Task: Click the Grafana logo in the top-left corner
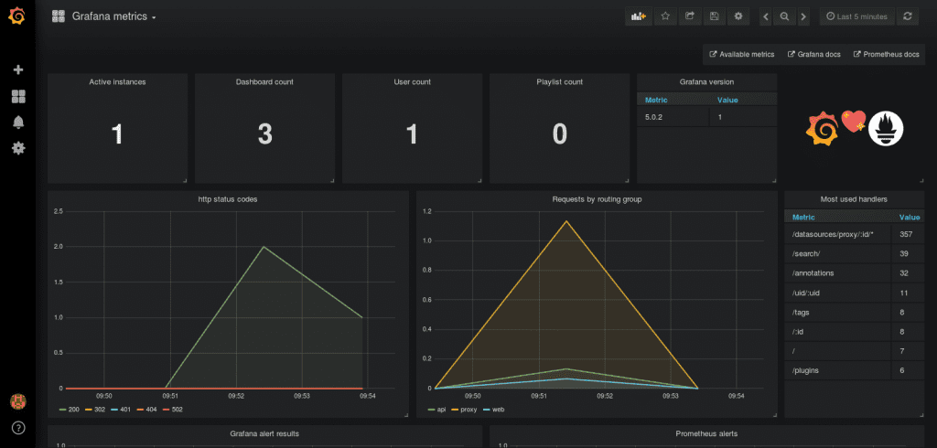[x=17, y=16]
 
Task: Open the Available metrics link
[x=742, y=55]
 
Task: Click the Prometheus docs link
[x=886, y=55]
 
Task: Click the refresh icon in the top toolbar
[x=908, y=16]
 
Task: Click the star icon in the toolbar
[x=665, y=16]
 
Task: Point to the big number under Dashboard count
[x=264, y=134]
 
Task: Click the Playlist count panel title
[x=559, y=82]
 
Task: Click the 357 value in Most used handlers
[x=906, y=235]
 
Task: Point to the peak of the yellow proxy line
[x=566, y=220]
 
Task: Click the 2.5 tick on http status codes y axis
[x=58, y=212]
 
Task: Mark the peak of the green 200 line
[x=264, y=247]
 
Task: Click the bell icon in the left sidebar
[x=17, y=123]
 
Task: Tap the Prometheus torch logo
[x=886, y=128]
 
